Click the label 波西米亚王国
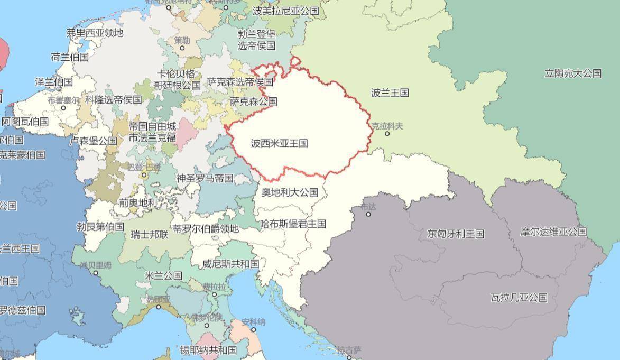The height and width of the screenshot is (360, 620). coord(279,143)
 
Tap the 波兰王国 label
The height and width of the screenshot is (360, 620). coord(390,93)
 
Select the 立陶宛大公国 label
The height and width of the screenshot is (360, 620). coord(573,73)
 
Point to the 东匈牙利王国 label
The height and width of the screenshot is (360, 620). coord(456,234)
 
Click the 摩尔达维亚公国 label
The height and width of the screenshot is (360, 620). coord(553,232)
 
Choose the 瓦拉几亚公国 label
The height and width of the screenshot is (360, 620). coord(519,298)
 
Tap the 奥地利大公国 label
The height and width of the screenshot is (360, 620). coord(290,192)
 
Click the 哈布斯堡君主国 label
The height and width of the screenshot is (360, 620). coord(293,224)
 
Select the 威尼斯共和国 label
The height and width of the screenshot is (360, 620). coord(231,264)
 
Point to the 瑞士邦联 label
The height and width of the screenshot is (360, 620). coord(150,234)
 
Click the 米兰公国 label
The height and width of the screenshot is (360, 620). coord(163,275)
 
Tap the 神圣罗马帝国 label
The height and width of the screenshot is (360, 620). coord(205,178)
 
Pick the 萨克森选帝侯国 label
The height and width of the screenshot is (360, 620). coord(240,82)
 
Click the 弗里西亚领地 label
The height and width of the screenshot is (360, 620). coord(95,33)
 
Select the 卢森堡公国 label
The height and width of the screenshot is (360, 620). coord(94,141)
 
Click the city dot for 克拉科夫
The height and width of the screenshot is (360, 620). coord(387,134)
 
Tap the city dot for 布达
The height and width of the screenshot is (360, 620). coord(368,214)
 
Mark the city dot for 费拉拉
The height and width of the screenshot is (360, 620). coord(214,294)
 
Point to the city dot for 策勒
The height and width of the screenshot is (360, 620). coord(182,48)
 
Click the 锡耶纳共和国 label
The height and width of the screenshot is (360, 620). coord(208,350)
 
